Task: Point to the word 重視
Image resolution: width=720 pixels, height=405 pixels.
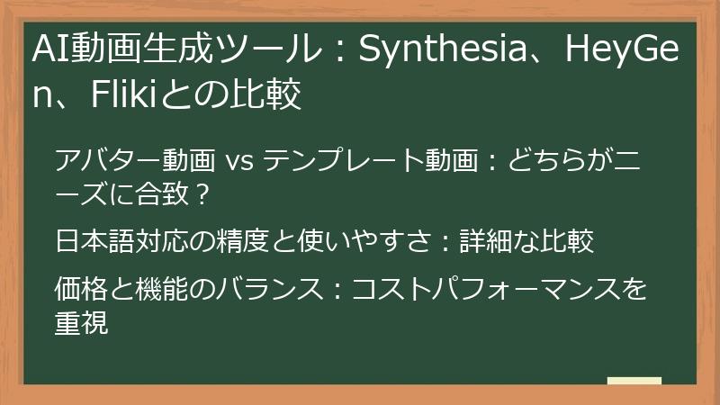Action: pyautogui.click(x=82, y=321)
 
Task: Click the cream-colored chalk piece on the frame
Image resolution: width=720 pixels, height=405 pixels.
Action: pyautogui.click(x=634, y=381)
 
